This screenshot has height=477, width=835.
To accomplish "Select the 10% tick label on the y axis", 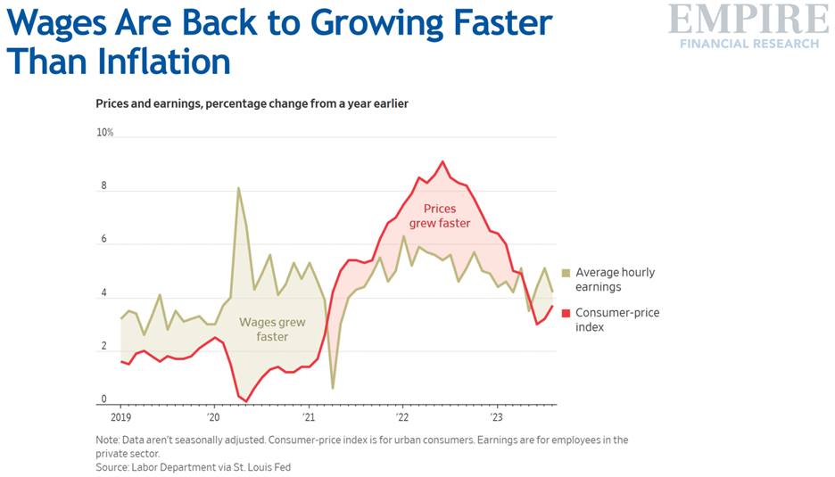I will pyautogui.click(x=105, y=133).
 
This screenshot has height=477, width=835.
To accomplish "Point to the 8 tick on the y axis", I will pyautogui.click(x=103, y=186).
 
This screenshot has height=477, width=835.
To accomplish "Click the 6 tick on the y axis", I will pyautogui.click(x=103, y=240).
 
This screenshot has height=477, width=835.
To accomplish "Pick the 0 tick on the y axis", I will pyautogui.click(x=103, y=399).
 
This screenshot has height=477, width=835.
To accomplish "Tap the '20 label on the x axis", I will pyautogui.click(x=213, y=416).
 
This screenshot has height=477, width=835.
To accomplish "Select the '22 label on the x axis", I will pyautogui.click(x=401, y=416).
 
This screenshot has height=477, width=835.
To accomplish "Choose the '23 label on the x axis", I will pyautogui.click(x=496, y=416).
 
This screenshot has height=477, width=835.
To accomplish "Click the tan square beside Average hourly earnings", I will pyautogui.click(x=566, y=273).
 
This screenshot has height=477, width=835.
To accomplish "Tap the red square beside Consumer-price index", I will pyautogui.click(x=566, y=313).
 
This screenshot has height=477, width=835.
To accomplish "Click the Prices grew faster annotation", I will pyautogui.click(x=441, y=217).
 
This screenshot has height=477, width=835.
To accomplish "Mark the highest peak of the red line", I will pyautogui.click(x=442, y=161).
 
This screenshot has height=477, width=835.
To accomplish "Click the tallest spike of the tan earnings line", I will pyautogui.click(x=238, y=187).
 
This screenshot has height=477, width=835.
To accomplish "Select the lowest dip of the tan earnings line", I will pyautogui.click(x=332, y=388).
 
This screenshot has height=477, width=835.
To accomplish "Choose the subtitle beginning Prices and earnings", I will pyautogui.click(x=252, y=103).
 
